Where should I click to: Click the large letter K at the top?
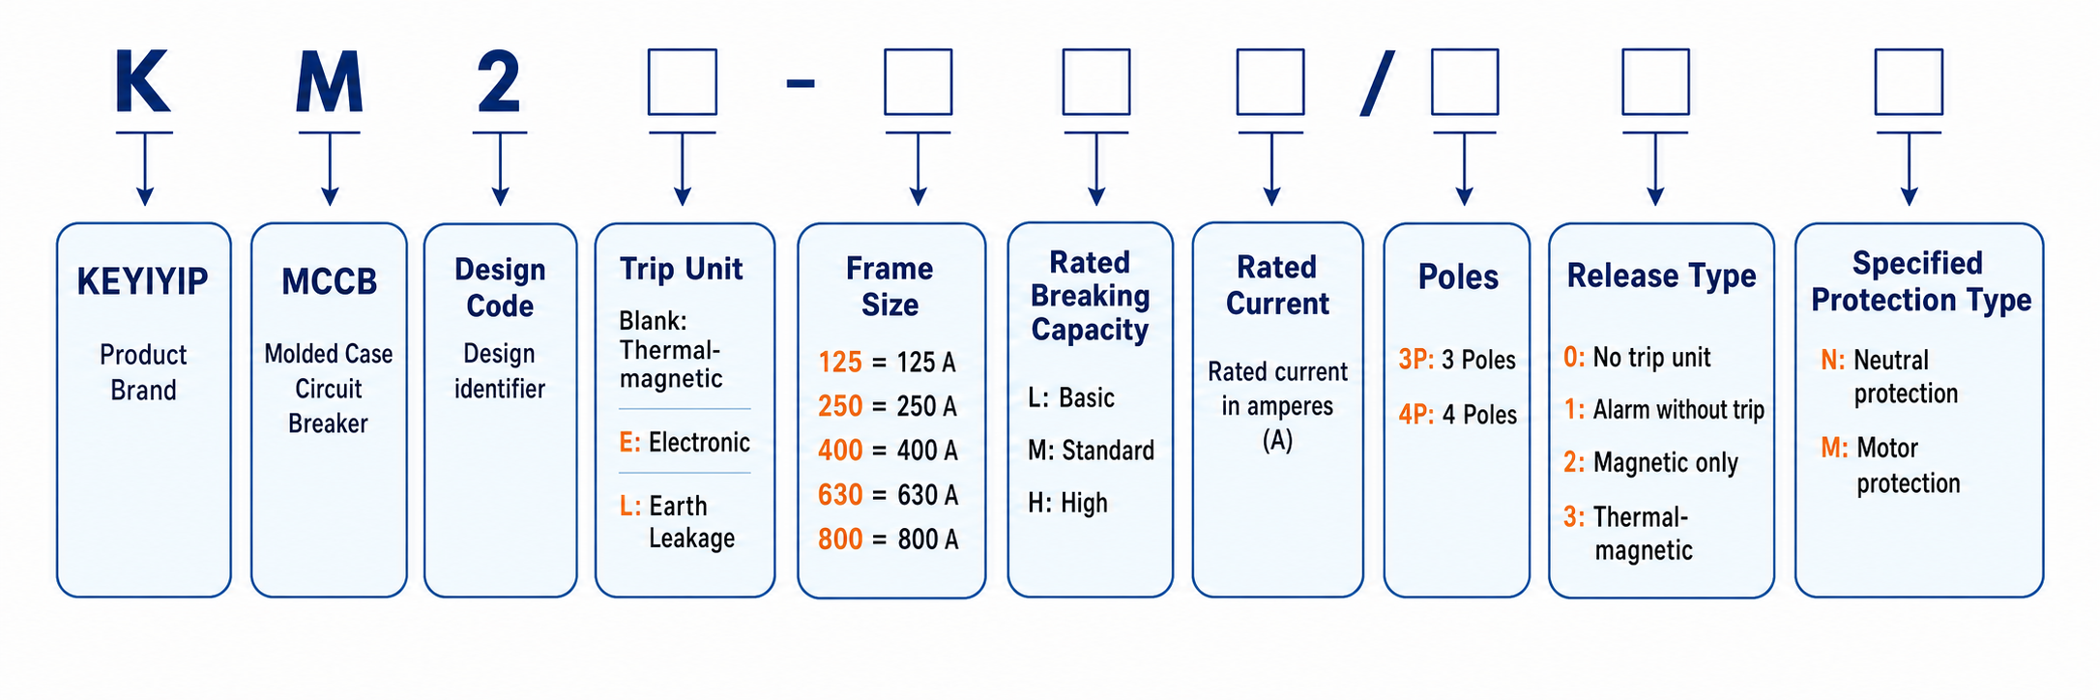tap(143, 81)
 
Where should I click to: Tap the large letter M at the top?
tap(330, 81)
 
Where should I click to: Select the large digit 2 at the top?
tap(499, 81)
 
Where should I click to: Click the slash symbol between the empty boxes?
tap(1378, 83)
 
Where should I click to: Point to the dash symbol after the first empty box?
tap(801, 84)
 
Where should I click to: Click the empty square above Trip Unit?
tap(683, 82)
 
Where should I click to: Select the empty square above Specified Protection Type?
tap(1909, 82)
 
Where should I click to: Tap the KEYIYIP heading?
tap(143, 281)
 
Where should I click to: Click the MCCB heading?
tap(329, 281)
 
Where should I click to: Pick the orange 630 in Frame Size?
tap(840, 495)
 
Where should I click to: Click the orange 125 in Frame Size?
tap(840, 363)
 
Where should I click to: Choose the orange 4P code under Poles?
tap(1416, 415)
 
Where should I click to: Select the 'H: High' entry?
tap(1067, 504)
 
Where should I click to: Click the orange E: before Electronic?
tap(630, 443)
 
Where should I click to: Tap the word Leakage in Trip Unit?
tap(691, 539)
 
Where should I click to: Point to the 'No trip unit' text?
tap(1651, 358)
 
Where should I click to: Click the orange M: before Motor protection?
tap(1834, 448)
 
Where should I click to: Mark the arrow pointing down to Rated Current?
tap(1271, 168)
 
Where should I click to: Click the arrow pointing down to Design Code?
tap(500, 168)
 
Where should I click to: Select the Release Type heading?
tap(1661, 277)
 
